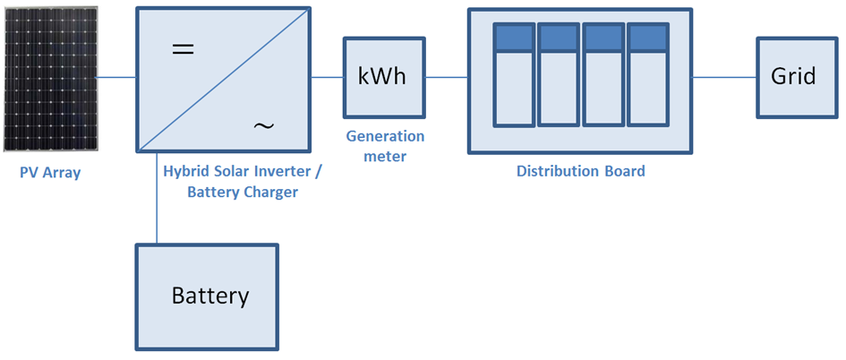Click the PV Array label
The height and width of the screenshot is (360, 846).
tap(50, 173)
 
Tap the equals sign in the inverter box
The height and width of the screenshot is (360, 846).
tap(183, 50)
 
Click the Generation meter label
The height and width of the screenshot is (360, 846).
tap(384, 146)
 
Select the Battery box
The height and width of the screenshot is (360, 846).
tap(207, 296)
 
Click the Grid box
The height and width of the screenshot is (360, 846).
tap(793, 77)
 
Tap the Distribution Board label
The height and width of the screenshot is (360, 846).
tap(580, 171)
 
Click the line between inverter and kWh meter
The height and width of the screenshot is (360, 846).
tap(328, 77)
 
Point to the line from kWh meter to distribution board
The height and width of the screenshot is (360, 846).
tap(446, 77)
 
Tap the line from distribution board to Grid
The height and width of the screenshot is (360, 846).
tap(724, 77)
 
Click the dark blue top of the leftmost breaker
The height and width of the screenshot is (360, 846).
tap(514, 38)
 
